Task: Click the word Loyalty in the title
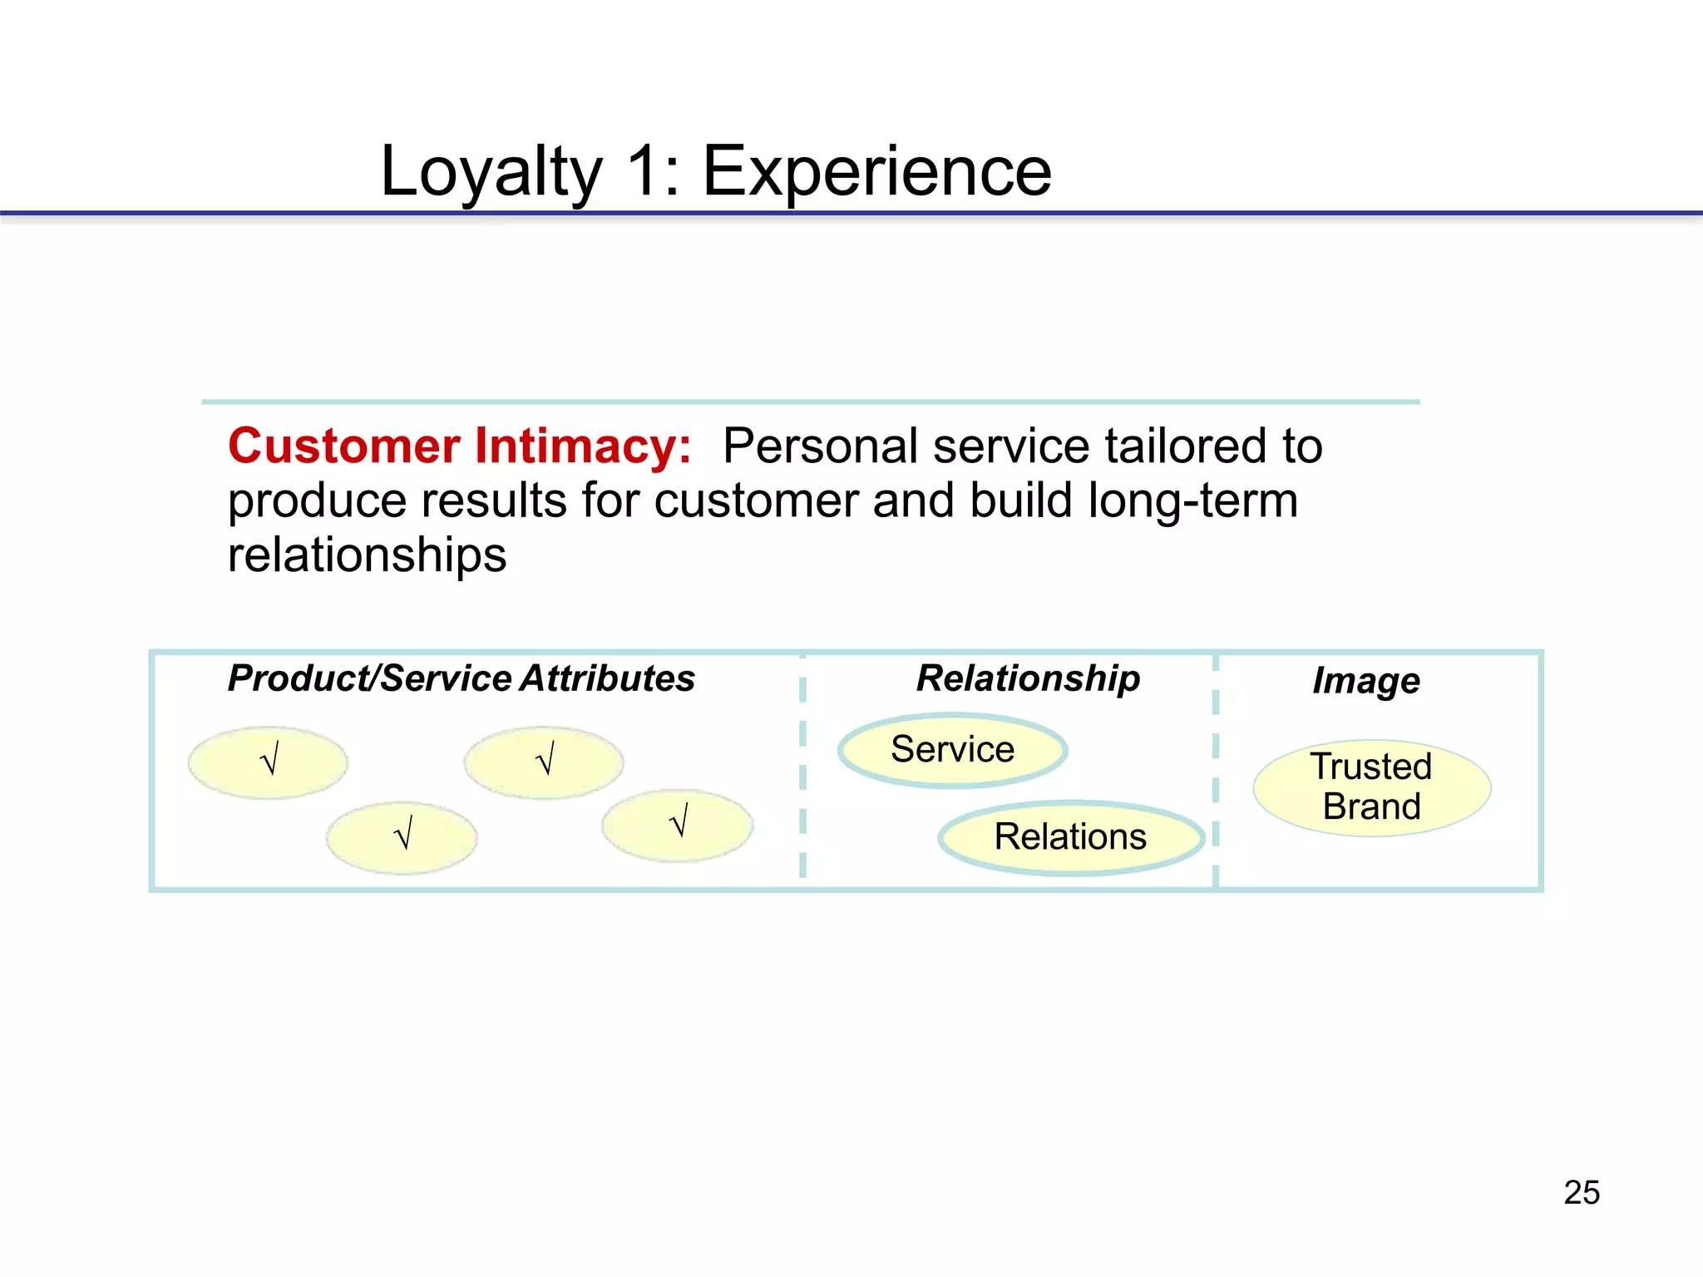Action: tap(491, 172)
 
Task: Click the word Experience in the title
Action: tap(877, 172)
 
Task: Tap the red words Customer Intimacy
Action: tap(459, 446)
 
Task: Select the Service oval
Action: tap(952, 750)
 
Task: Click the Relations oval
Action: tap(1070, 837)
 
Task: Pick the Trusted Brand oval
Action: tap(1371, 787)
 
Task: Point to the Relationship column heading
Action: tap(1028, 678)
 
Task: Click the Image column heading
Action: tap(1365, 681)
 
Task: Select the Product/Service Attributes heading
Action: tap(462, 678)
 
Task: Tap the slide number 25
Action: tap(1582, 1192)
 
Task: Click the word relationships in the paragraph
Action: tap(367, 555)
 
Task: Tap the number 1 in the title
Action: tap(644, 172)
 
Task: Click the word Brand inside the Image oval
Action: tap(1371, 807)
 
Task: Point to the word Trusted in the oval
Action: tap(1371, 767)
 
